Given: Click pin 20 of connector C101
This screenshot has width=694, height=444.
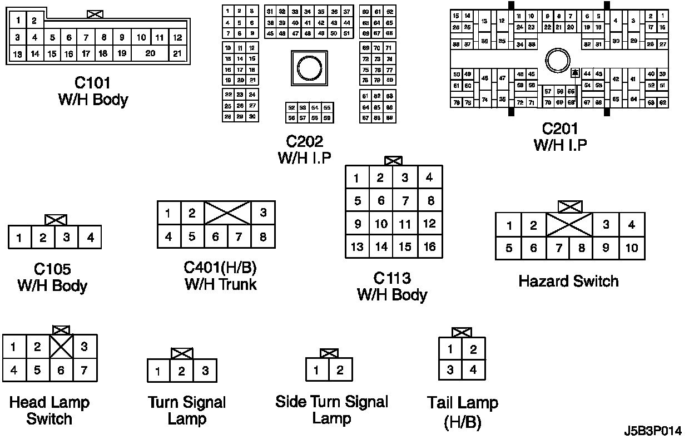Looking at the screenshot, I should click(150, 53).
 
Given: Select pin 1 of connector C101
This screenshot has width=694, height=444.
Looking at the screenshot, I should click(18, 21).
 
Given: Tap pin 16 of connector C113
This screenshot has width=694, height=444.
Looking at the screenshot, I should click(429, 246).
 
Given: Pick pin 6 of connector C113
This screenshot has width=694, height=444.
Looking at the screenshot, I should click(381, 201).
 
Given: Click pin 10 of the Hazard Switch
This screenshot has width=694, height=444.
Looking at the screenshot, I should click(632, 248).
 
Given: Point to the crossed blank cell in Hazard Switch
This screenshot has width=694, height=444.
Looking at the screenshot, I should click(570, 225).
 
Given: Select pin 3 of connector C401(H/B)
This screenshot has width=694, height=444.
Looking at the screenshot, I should click(263, 213).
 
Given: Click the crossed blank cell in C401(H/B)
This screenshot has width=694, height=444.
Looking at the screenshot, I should click(227, 213).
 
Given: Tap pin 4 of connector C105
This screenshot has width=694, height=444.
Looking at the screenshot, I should click(90, 238).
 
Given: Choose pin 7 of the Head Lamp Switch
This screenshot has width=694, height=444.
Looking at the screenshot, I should click(85, 370).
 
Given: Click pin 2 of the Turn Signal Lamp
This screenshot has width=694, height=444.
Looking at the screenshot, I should click(182, 371).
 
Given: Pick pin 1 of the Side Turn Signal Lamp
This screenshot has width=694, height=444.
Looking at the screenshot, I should click(317, 370).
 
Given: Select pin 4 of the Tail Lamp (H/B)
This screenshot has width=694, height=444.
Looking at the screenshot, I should click(474, 369).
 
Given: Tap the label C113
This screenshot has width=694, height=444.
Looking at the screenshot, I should click(393, 277).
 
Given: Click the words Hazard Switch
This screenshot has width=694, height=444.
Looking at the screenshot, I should click(568, 281).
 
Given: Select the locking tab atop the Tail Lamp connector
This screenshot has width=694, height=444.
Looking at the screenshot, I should click(462, 332).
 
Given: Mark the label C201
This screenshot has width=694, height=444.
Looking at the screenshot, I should click(560, 129).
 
